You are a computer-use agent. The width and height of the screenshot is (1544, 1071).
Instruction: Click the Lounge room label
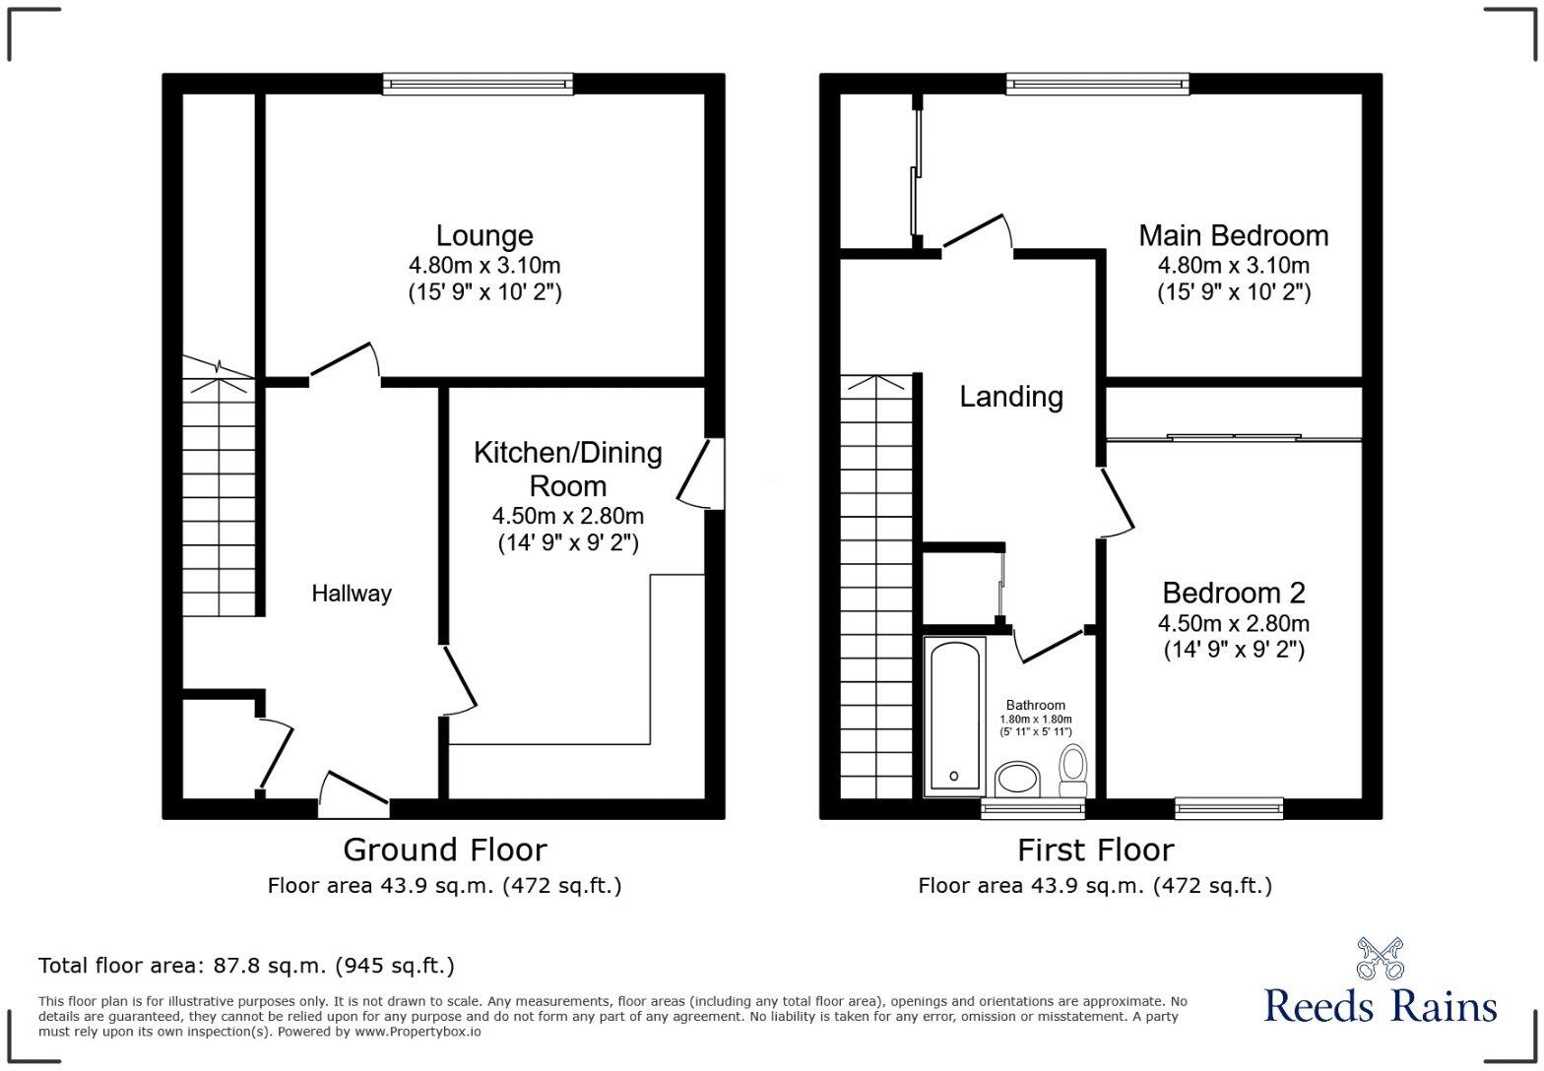pos(484,236)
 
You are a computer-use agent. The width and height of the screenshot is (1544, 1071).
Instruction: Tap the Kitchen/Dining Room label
pos(567,469)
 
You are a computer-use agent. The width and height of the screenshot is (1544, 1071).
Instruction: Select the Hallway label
pos(352,594)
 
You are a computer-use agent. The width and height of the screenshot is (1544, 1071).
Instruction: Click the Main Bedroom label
pos(1233,236)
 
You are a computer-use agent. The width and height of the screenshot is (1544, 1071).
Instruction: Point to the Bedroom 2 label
pos(1233,593)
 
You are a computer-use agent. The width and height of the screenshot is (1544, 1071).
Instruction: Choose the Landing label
pos(1011,397)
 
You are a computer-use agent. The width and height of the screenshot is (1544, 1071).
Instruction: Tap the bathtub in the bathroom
pos(954,715)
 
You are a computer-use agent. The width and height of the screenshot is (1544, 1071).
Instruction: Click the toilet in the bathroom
pos(1072,769)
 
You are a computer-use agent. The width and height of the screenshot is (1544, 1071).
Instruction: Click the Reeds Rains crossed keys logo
pos(1380,960)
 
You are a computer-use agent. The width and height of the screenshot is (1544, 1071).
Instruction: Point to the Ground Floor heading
pos(444,850)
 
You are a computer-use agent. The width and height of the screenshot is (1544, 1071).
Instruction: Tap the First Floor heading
pos(1095,850)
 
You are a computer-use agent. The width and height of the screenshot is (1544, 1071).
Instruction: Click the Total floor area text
pos(246,966)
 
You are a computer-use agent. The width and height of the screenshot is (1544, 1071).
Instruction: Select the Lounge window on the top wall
pos(478,85)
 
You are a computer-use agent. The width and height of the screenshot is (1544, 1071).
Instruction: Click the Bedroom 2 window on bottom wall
pos(1229,808)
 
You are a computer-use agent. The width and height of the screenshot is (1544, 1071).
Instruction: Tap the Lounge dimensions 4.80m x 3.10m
pos(484,266)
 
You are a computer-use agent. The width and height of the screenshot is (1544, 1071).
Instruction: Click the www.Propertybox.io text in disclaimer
pos(418,1032)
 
